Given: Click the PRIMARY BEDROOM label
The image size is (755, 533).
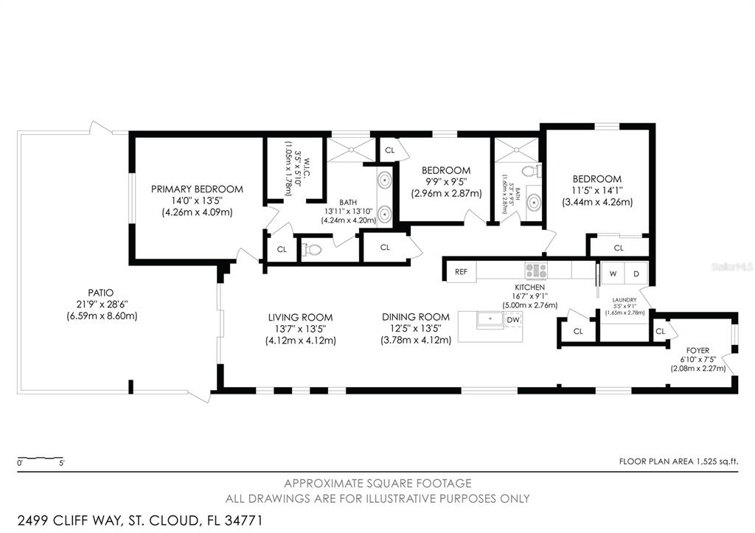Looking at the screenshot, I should click(197, 189).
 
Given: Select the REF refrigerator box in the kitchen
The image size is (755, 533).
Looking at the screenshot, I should click(461, 272).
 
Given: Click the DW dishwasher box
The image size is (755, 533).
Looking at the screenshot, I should click(513, 319).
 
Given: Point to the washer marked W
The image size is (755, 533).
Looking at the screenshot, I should click(612, 273).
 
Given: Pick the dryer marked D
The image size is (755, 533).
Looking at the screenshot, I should click(636, 273).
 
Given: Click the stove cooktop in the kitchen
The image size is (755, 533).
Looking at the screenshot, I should click(535, 271).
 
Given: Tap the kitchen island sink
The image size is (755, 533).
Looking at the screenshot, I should click(489, 319).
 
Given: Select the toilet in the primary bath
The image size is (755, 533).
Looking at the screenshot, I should click(313, 249).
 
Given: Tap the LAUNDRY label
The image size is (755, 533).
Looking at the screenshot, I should click(624, 299).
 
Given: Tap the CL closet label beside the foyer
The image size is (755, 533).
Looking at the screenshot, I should click(660, 332).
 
